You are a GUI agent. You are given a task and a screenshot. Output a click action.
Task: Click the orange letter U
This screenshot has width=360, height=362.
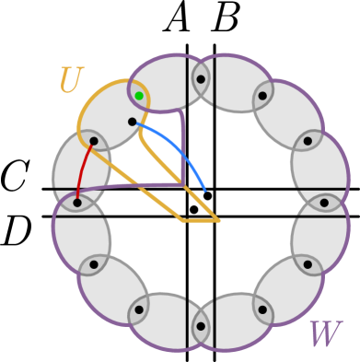click(70, 81)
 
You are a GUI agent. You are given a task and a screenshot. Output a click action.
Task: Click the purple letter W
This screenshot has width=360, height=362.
click(323, 335)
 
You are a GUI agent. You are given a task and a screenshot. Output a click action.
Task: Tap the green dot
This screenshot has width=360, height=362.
click(139, 96)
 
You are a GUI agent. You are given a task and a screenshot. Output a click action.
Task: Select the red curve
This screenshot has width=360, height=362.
click(82, 169)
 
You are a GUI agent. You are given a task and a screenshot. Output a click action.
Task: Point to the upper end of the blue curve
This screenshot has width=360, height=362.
click(138, 123)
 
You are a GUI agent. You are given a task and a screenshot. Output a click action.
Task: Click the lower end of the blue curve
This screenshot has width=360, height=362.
click(205, 191)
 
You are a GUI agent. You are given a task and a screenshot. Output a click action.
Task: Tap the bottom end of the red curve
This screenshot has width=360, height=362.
click(77, 195)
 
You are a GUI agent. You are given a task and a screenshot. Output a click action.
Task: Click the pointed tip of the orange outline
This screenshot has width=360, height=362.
click(217, 220)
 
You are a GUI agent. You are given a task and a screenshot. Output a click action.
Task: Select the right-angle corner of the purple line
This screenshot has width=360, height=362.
click(182, 184)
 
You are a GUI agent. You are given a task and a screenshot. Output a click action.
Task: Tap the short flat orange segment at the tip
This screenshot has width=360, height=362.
click(199, 220)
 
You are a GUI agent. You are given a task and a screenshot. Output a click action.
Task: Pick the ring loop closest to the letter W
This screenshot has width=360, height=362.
click(288, 291)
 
